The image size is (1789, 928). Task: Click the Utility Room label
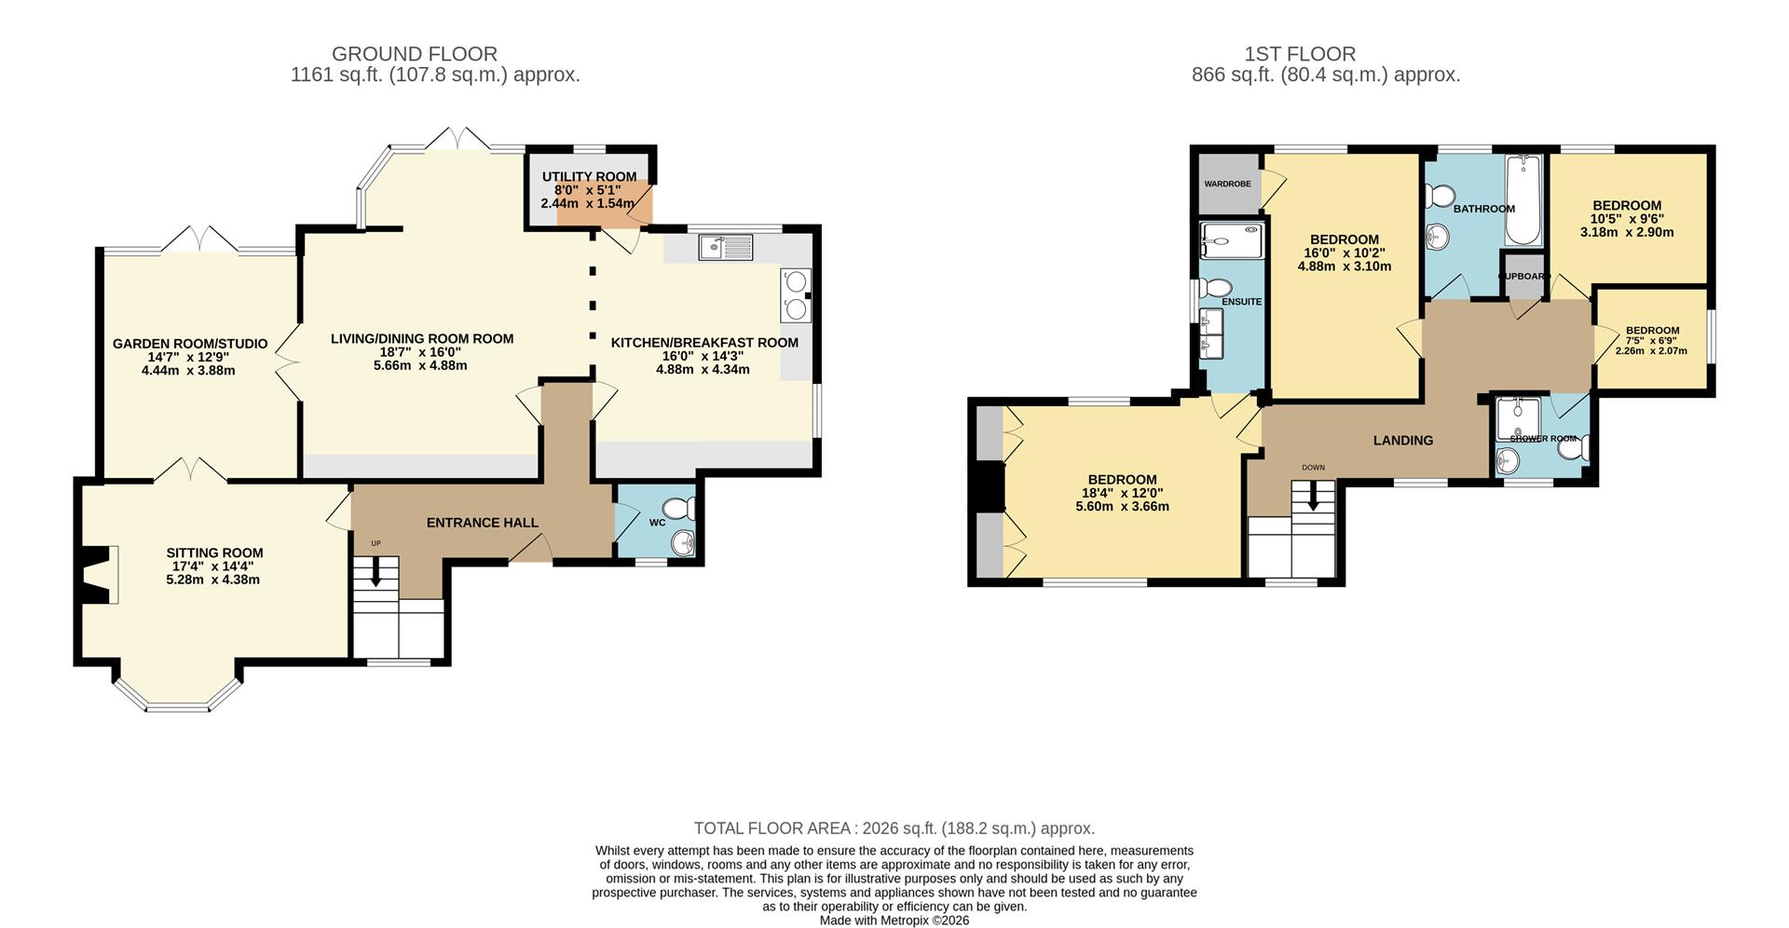click(x=589, y=177)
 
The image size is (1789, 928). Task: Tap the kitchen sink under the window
click(x=726, y=247)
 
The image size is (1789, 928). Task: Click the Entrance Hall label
click(x=483, y=523)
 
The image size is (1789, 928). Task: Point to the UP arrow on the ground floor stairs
click(x=376, y=572)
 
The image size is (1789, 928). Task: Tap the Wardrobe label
click(x=1227, y=184)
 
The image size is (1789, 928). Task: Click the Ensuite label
click(x=1242, y=302)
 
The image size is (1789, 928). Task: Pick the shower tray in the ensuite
click(x=1232, y=240)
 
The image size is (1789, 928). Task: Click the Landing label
click(x=1403, y=441)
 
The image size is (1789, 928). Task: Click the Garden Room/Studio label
click(x=190, y=344)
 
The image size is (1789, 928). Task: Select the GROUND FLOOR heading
click(x=415, y=54)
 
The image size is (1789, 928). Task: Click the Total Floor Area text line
click(x=894, y=828)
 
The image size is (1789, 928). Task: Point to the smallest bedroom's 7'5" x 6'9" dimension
click(x=1652, y=341)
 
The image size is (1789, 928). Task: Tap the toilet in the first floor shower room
click(x=1575, y=449)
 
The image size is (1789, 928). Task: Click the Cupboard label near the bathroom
click(x=1524, y=277)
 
